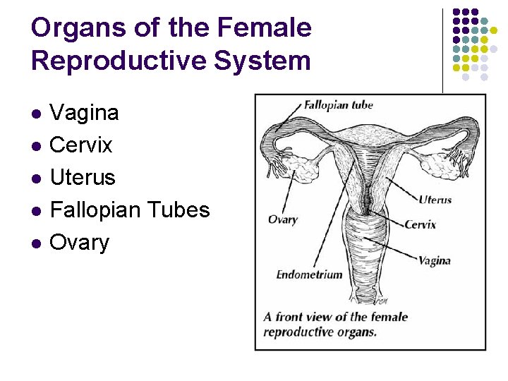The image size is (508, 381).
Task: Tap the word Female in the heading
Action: pyautogui.click(x=265, y=29)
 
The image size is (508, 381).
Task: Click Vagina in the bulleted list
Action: pyautogui.click(x=85, y=113)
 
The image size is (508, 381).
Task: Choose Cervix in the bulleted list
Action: pyautogui.click(x=81, y=145)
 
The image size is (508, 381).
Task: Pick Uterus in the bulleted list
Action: pyautogui.click(x=83, y=178)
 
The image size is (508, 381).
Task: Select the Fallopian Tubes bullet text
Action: pyautogui.click(x=130, y=210)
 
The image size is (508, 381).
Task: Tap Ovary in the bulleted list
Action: pyautogui.click(x=80, y=243)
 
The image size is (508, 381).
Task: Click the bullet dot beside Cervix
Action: pyautogui.click(x=37, y=146)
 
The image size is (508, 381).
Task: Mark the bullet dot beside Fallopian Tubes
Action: pyautogui.click(x=37, y=211)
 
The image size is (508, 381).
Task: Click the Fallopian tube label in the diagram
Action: pyautogui.click(x=338, y=106)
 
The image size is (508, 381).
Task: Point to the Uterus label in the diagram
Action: pyautogui.click(x=435, y=200)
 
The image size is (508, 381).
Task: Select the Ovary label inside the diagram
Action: pyautogui.click(x=282, y=219)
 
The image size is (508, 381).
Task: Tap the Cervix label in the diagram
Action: pyautogui.click(x=420, y=225)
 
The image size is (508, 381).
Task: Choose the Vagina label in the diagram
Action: pyautogui.click(x=434, y=260)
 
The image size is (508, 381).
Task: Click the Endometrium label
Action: pyautogui.click(x=309, y=274)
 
